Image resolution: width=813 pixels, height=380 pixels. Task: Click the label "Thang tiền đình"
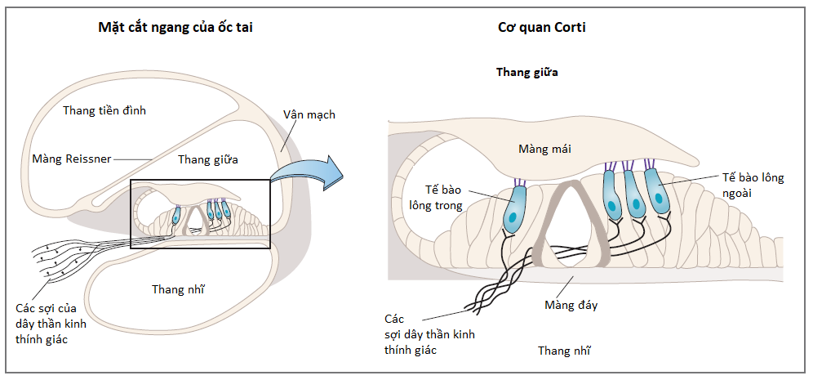[104, 110]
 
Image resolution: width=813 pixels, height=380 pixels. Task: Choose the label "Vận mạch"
[309, 114]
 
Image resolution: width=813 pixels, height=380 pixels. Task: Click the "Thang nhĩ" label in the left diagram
[178, 288]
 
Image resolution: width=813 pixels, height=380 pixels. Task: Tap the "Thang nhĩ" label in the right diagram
[564, 351]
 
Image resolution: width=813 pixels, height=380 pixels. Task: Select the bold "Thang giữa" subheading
[527, 72]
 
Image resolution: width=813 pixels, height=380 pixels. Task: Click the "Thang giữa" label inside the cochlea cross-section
[208, 159]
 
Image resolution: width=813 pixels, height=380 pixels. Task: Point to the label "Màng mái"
[545, 149]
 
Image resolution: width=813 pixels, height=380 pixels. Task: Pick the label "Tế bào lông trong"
[436, 197]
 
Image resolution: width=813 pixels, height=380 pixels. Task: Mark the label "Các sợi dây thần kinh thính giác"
[429, 334]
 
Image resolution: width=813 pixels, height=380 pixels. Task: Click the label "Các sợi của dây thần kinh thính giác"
[51, 324]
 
